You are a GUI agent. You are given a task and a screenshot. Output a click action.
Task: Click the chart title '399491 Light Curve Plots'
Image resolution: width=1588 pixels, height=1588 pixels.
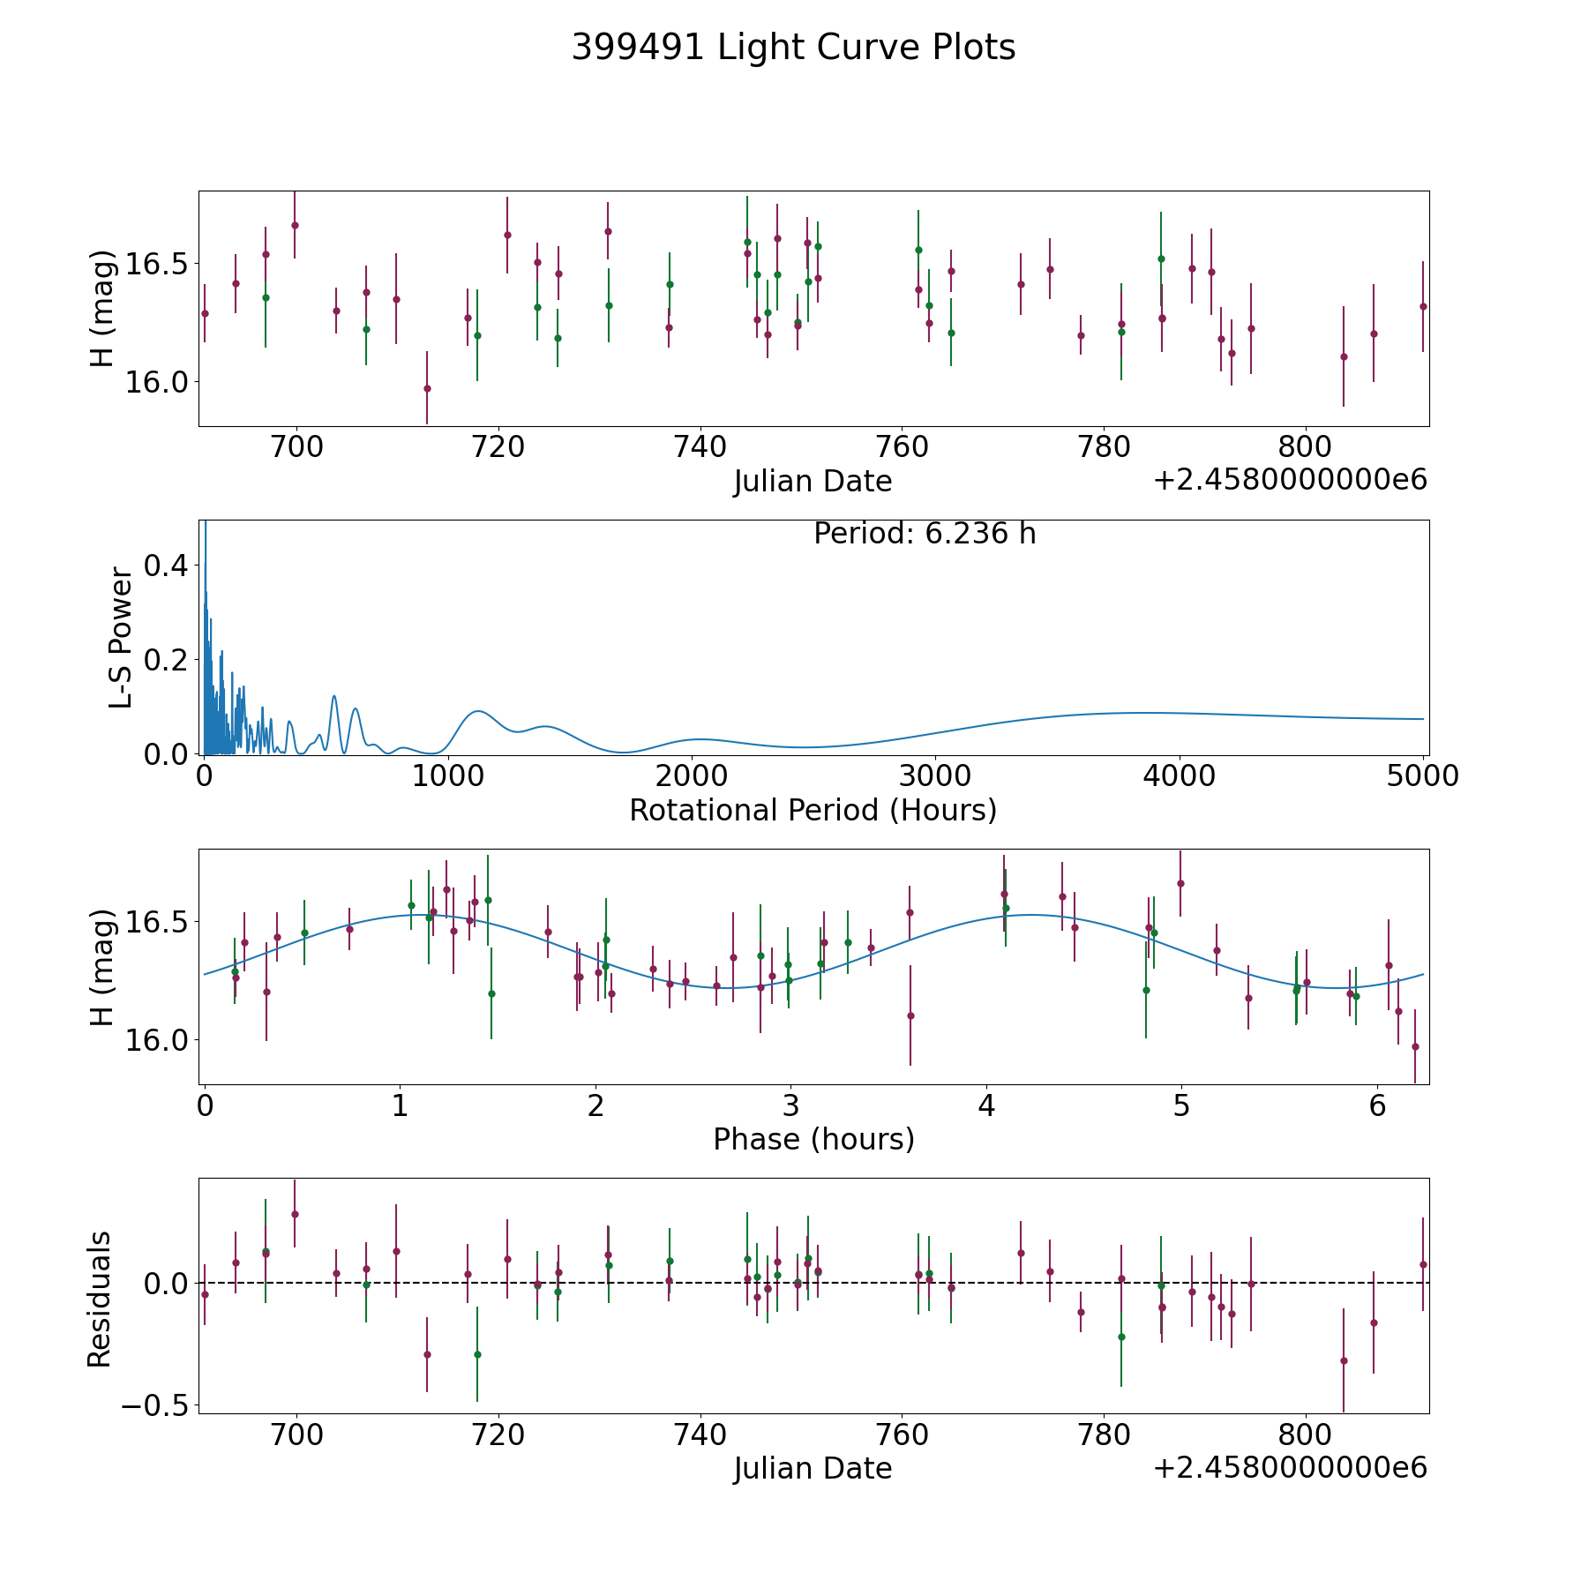(793, 48)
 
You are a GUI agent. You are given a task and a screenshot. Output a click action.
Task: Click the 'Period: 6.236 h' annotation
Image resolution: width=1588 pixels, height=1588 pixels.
(924, 534)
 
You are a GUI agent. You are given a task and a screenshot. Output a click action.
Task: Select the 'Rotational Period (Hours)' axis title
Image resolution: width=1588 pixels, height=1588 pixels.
(813, 810)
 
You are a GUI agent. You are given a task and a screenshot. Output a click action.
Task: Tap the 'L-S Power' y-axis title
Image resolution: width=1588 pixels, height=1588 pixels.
(121, 638)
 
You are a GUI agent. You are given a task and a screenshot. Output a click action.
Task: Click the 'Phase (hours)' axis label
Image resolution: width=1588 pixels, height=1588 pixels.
(813, 1139)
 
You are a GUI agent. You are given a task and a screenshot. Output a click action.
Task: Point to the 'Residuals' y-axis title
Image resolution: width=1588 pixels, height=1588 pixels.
(100, 1300)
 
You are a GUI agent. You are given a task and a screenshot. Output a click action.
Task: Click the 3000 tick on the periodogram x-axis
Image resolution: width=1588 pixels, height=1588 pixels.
(934, 776)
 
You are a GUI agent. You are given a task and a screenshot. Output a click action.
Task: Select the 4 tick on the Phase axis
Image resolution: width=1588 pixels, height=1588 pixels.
(986, 1105)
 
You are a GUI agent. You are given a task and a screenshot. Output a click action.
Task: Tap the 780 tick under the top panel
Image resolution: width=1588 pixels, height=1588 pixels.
(1105, 447)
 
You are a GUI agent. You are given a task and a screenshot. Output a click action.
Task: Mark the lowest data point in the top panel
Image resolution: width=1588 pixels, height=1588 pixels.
(427, 388)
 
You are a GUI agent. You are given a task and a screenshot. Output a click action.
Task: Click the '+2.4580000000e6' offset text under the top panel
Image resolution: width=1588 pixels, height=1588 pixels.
(1290, 481)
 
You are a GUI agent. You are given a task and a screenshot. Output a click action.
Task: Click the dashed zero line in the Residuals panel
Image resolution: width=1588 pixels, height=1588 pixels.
(882, 1283)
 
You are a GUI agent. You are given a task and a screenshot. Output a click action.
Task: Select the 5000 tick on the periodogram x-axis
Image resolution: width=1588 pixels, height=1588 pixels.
(1422, 776)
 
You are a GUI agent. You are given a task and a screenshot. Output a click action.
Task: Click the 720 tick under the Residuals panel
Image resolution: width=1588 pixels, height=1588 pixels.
(498, 1434)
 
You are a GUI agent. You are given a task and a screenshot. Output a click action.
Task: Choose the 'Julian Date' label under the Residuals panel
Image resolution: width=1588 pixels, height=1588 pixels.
(813, 1468)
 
